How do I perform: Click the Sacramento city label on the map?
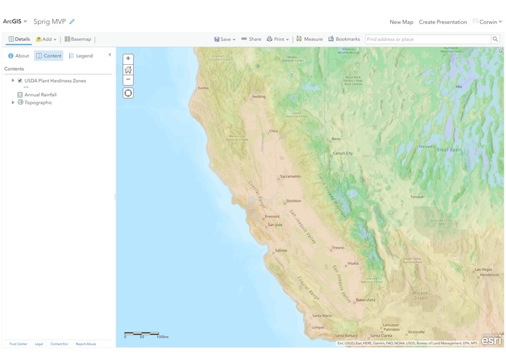point(290,176)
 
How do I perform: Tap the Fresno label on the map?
point(339,248)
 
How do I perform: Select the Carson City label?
point(343,154)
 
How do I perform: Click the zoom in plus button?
point(128,59)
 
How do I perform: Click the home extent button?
point(128,70)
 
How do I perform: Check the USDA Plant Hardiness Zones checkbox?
point(20,81)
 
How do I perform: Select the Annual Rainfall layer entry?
point(40,95)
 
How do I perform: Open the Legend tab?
point(81,56)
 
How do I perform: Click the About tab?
point(19,56)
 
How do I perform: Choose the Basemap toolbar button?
point(78,39)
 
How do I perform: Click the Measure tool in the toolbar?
point(309,39)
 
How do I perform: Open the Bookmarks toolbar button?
point(344,39)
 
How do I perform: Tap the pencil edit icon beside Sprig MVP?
point(72,22)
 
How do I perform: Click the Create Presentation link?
point(443,22)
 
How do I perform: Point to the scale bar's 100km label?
point(162,337)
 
